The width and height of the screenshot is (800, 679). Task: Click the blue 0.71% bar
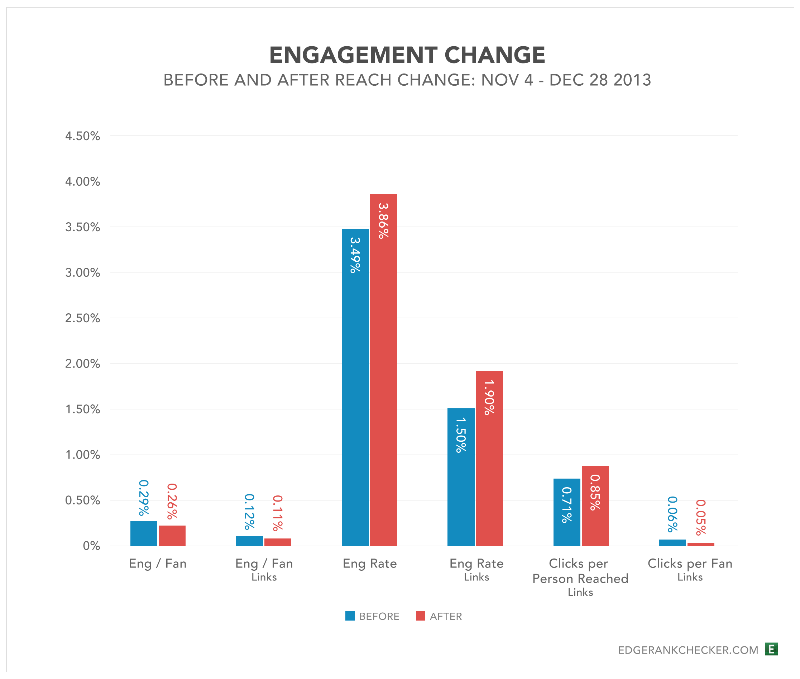click(x=566, y=512)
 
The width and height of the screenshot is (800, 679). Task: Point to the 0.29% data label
click(x=143, y=498)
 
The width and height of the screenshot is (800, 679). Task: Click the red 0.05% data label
click(x=701, y=517)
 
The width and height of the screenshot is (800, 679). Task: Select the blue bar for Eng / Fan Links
click(x=249, y=541)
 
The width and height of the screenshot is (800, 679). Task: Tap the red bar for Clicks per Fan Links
click(x=701, y=544)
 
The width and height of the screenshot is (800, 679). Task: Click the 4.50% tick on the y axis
click(x=82, y=136)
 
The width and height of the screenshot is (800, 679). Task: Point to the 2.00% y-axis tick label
click(x=82, y=364)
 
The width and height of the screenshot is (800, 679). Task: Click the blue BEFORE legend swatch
click(x=350, y=616)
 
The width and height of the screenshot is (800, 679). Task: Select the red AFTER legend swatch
click(x=420, y=616)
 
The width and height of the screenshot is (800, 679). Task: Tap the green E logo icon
click(x=771, y=649)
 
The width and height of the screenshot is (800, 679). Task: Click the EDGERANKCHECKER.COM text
click(x=688, y=650)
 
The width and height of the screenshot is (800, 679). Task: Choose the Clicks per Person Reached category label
click(x=580, y=571)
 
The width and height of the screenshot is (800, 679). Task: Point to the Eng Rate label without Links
click(x=370, y=564)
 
